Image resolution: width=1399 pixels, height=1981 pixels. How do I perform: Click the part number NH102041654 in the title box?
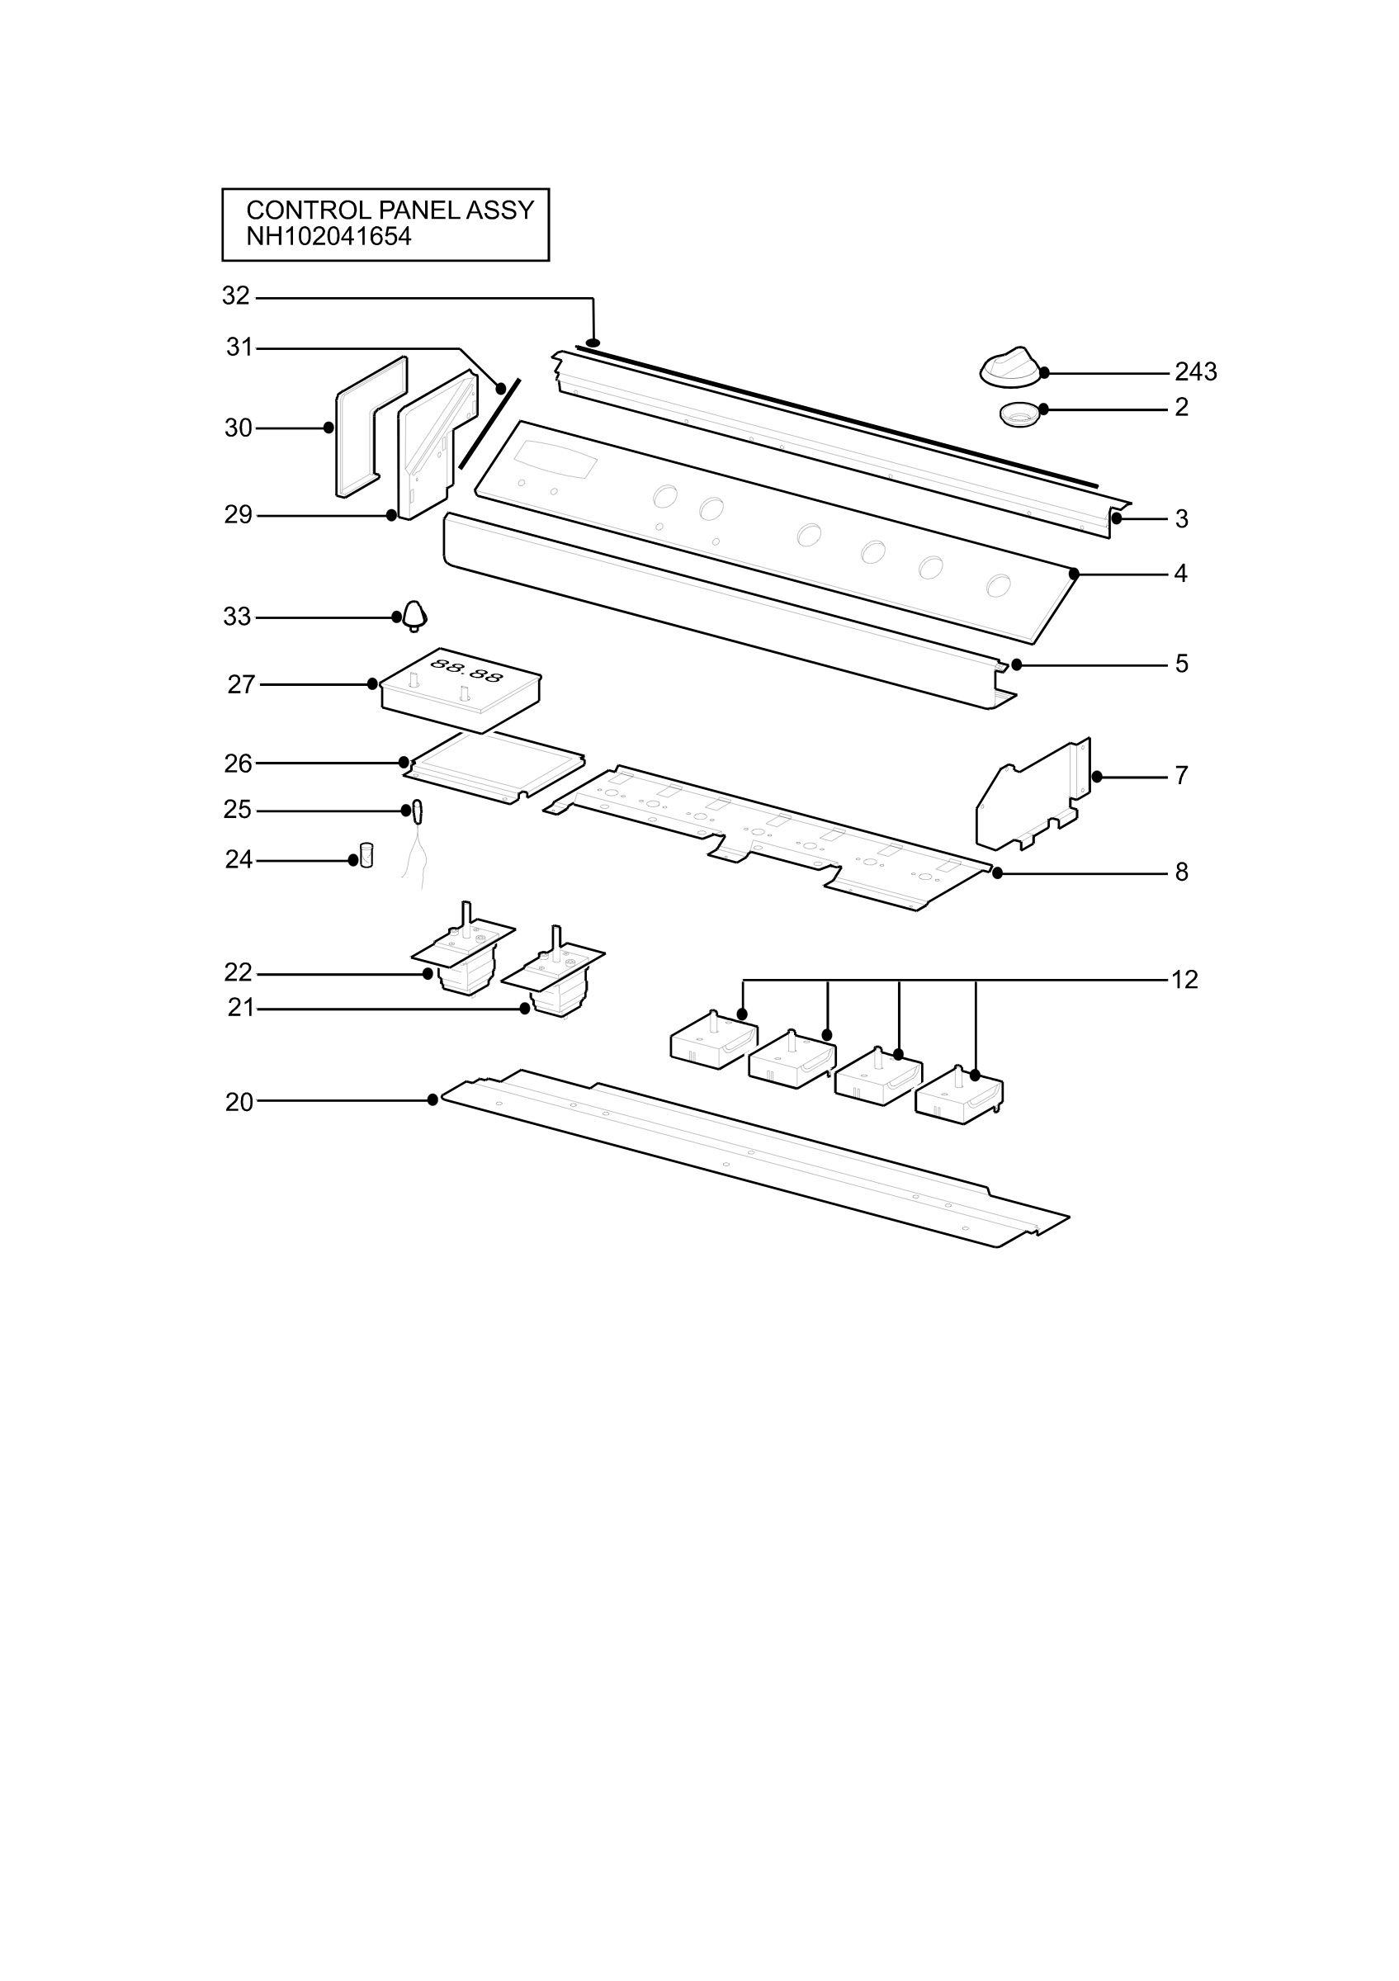point(328,236)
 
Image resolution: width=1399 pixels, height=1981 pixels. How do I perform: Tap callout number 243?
point(1195,372)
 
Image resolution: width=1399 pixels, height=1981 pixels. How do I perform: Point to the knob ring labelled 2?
point(1020,415)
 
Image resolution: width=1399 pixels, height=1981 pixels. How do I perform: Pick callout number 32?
point(235,296)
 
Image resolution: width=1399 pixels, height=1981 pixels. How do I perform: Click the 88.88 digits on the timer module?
point(466,669)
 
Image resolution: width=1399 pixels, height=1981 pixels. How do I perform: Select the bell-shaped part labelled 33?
point(415,616)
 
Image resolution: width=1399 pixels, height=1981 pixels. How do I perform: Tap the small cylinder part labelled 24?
point(366,855)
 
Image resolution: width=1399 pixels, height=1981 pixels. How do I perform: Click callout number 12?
point(1184,980)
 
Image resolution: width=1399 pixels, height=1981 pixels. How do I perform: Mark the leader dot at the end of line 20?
point(432,1100)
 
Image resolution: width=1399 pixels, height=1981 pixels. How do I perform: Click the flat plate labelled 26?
point(495,766)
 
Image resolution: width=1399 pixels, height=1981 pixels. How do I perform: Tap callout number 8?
point(1182,872)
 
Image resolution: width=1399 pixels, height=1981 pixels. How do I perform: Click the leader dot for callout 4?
point(1074,574)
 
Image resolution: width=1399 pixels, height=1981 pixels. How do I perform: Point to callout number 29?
point(238,515)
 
